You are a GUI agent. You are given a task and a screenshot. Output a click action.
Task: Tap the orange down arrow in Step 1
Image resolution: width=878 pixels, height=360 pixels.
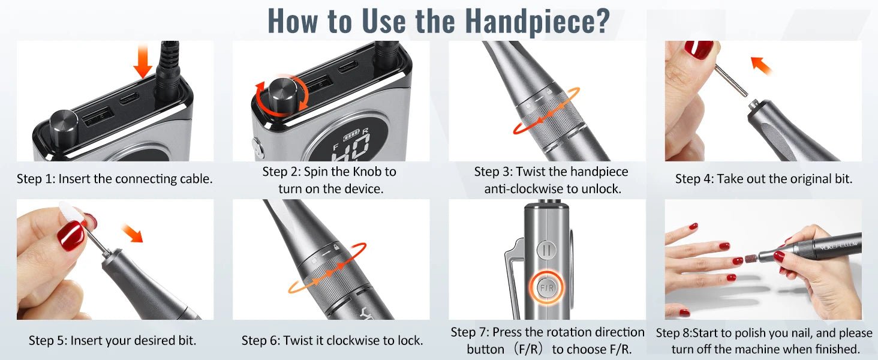143,61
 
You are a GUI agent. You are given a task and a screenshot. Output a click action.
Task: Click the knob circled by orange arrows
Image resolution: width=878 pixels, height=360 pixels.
282,95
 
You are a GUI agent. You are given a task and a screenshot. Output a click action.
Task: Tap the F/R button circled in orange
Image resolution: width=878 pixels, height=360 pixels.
547,288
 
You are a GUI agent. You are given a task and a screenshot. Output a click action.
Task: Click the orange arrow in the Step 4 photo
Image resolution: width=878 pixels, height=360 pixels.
761,65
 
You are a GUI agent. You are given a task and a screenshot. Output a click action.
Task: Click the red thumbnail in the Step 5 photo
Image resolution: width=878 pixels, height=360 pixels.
71,236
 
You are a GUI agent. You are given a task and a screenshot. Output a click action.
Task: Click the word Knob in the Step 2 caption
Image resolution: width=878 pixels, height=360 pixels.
367,172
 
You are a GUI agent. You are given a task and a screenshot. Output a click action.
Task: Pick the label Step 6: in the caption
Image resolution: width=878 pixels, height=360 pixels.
261,340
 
